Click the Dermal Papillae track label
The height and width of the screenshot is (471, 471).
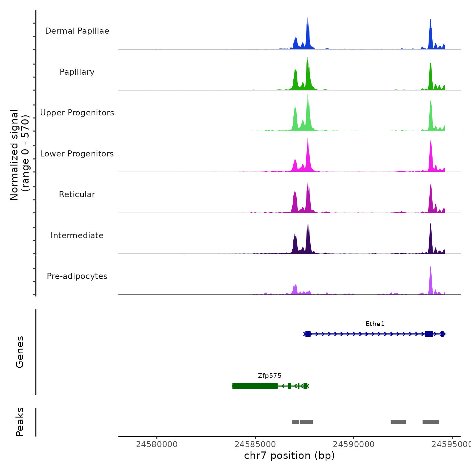pos(77,31)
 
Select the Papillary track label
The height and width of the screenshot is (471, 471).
pos(77,72)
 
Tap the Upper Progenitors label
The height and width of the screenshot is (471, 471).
pos(77,113)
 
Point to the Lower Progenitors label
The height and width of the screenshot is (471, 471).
pos(77,154)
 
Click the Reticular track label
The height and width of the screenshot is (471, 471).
pos(77,194)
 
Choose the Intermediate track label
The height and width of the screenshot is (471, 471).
pos(77,235)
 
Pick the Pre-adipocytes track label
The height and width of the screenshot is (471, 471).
pos(77,276)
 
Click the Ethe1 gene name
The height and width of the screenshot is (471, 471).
pos(375,324)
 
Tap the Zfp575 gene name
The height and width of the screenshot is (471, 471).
pos(270,376)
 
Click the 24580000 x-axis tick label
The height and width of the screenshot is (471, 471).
pos(157,444)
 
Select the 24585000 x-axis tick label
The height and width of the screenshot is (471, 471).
pos(255,444)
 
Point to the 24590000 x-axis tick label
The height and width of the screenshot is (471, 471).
pos(354,444)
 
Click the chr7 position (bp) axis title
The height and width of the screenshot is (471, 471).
pos(289,456)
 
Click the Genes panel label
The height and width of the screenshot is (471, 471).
pos(20,352)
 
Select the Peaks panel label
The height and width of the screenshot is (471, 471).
pos(20,422)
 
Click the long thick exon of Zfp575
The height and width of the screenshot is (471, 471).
pos(255,386)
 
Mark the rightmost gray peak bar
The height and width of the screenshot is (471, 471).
pos(431,422)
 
